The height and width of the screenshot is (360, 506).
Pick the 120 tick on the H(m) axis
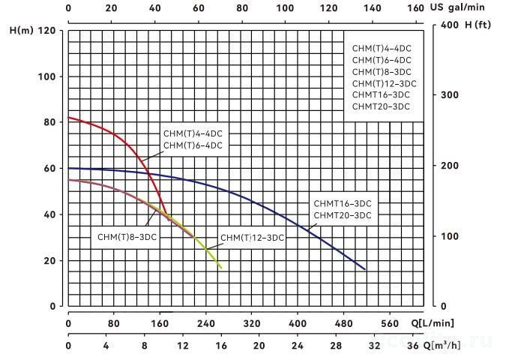[49, 31]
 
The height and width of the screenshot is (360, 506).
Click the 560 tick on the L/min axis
[390, 323]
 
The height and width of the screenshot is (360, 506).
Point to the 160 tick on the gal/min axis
[414, 9]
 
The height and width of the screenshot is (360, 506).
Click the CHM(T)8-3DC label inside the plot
[127, 237]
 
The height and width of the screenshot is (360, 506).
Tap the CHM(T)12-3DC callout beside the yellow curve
[253, 238]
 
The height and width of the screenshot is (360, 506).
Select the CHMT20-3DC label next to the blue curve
[342, 216]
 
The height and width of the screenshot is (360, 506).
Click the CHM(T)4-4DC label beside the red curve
[193, 134]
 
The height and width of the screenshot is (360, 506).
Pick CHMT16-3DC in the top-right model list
[381, 95]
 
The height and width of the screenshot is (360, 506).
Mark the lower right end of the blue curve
[365, 269]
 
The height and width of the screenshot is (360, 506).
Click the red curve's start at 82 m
[69, 118]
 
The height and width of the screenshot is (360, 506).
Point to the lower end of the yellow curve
[221, 268]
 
